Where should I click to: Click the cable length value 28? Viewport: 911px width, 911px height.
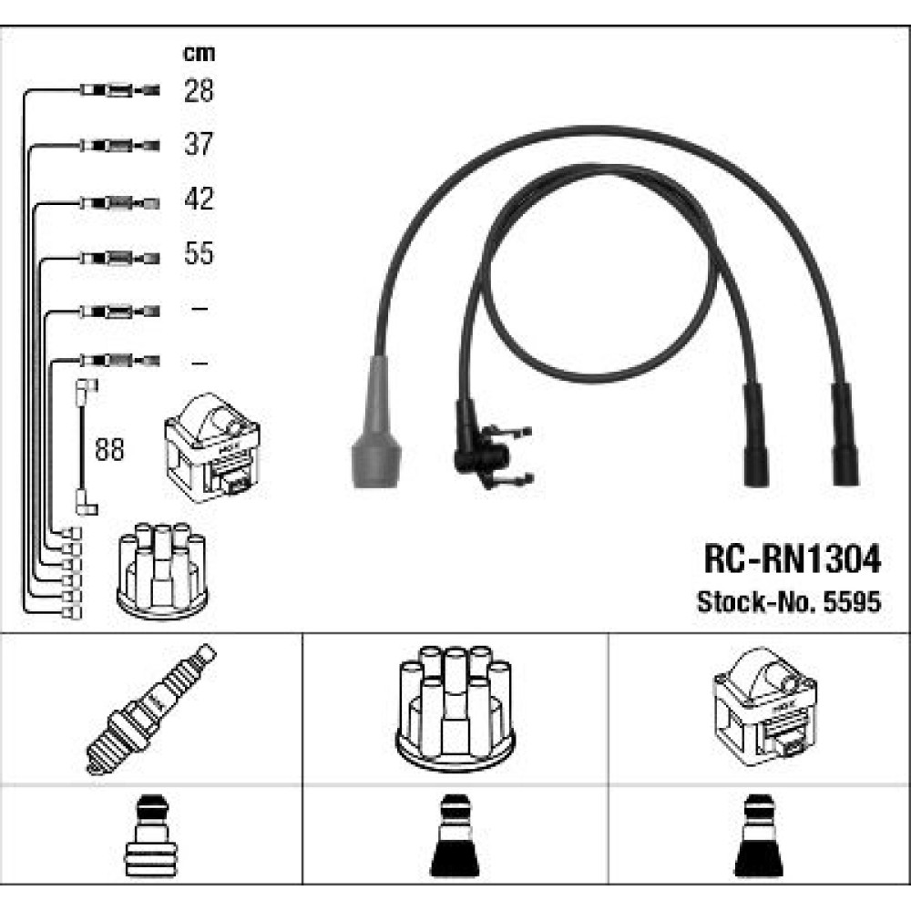(x=199, y=90)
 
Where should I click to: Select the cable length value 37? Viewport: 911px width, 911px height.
(x=199, y=144)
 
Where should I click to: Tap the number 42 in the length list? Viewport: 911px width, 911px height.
(x=199, y=199)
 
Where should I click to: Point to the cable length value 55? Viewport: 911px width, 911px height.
(x=199, y=253)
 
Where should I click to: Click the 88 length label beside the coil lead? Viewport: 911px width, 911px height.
(x=110, y=449)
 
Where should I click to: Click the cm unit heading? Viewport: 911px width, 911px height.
(x=199, y=54)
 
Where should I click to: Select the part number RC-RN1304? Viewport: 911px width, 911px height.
(x=793, y=559)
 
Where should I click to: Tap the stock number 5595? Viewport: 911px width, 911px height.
(x=853, y=601)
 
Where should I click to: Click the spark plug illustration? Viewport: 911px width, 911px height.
(x=150, y=709)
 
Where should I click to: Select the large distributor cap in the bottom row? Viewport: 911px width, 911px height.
(x=455, y=708)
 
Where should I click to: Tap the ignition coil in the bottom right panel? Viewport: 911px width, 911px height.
(x=764, y=707)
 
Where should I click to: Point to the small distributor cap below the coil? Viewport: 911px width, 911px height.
(x=162, y=570)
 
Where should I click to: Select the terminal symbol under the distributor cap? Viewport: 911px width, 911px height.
(x=455, y=835)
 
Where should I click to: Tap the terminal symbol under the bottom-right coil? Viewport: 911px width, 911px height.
(x=759, y=835)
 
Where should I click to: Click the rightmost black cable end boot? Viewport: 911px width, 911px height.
(x=844, y=435)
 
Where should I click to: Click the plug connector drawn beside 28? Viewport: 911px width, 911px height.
(x=119, y=90)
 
